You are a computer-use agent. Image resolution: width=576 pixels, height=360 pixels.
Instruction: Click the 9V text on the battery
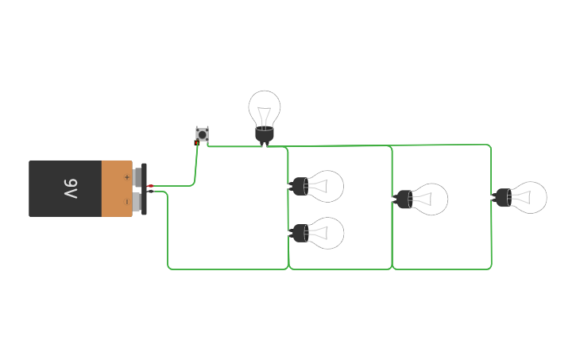[x=71, y=189]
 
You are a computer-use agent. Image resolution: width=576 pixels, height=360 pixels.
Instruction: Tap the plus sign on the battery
[x=126, y=176]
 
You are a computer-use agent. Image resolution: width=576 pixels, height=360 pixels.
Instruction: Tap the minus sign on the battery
[x=126, y=202]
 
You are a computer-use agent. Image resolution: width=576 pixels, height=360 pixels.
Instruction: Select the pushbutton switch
[x=203, y=134]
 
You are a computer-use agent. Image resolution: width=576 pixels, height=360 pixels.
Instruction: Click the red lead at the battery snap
[x=150, y=186]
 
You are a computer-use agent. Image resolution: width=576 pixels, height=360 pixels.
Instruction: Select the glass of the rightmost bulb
[x=529, y=197]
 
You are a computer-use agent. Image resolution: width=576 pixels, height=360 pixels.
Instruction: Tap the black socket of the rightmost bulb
[x=501, y=197]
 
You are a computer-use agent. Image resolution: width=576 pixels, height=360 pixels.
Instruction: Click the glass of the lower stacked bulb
[x=327, y=233]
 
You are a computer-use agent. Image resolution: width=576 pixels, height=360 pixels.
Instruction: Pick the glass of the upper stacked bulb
[x=327, y=186]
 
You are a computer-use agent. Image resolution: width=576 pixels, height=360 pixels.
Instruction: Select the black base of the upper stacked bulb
[x=300, y=187]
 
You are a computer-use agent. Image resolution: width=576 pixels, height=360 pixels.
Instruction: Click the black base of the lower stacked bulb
[x=300, y=233]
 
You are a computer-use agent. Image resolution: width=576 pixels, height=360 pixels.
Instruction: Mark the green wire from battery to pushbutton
[x=194, y=171]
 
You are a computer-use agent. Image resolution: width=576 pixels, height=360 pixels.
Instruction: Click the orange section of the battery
[x=116, y=188]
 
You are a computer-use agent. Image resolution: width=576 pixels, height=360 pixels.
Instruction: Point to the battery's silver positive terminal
[x=137, y=176]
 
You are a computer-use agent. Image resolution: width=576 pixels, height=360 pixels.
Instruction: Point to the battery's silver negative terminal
[x=137, y=202]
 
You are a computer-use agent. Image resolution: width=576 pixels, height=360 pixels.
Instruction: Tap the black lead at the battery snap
[x=150, y=192]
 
